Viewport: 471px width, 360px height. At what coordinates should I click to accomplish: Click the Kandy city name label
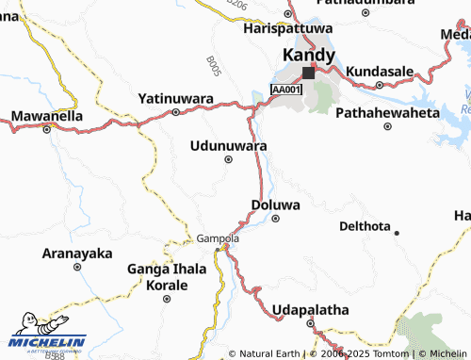[302, 55]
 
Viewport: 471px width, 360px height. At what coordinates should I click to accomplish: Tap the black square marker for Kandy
[308, 72]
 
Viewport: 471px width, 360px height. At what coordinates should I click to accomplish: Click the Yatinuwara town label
[176, 98]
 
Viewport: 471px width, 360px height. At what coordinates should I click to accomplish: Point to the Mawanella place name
[46, 117]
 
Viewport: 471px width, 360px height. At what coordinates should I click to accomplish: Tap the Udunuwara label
[228, 146]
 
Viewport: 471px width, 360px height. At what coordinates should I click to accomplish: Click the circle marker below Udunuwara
[228, 159]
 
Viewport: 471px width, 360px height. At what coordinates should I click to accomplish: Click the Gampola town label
[218, 238]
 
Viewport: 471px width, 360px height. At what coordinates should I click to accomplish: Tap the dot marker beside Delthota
[397, 232]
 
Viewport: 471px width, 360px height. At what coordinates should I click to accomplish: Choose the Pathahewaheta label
[387, 112]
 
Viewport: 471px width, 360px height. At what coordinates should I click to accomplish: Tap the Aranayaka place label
[78, 254]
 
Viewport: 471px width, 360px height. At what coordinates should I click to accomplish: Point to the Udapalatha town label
[310, 309]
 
